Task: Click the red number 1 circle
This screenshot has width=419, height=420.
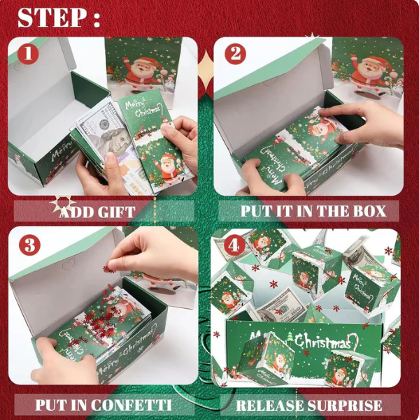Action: pyautogui.click(x=28, y=54)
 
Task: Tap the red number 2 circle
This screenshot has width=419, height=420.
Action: pyautogui.click(x=235, y=54)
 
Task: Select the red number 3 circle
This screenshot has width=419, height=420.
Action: pyautogui.click(x=29, y=245)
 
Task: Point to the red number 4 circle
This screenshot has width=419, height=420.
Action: pyautogui.click(x=234, y=245)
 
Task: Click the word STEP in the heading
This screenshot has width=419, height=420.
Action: pyautogui.click(x=50, y=17)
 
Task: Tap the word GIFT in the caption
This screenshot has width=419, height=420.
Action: pyautogui.click(x=116, y=212)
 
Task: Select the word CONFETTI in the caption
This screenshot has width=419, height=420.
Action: pyautogui.click(x=132, y=405)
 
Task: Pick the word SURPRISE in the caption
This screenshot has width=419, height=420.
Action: pyautogui.click(x=344, y=405)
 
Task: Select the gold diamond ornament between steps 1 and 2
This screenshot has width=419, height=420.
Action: pyautogui.click(x=206, y=70)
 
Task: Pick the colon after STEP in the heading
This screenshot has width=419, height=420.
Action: pyautogui.click(x=97, y=18)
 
